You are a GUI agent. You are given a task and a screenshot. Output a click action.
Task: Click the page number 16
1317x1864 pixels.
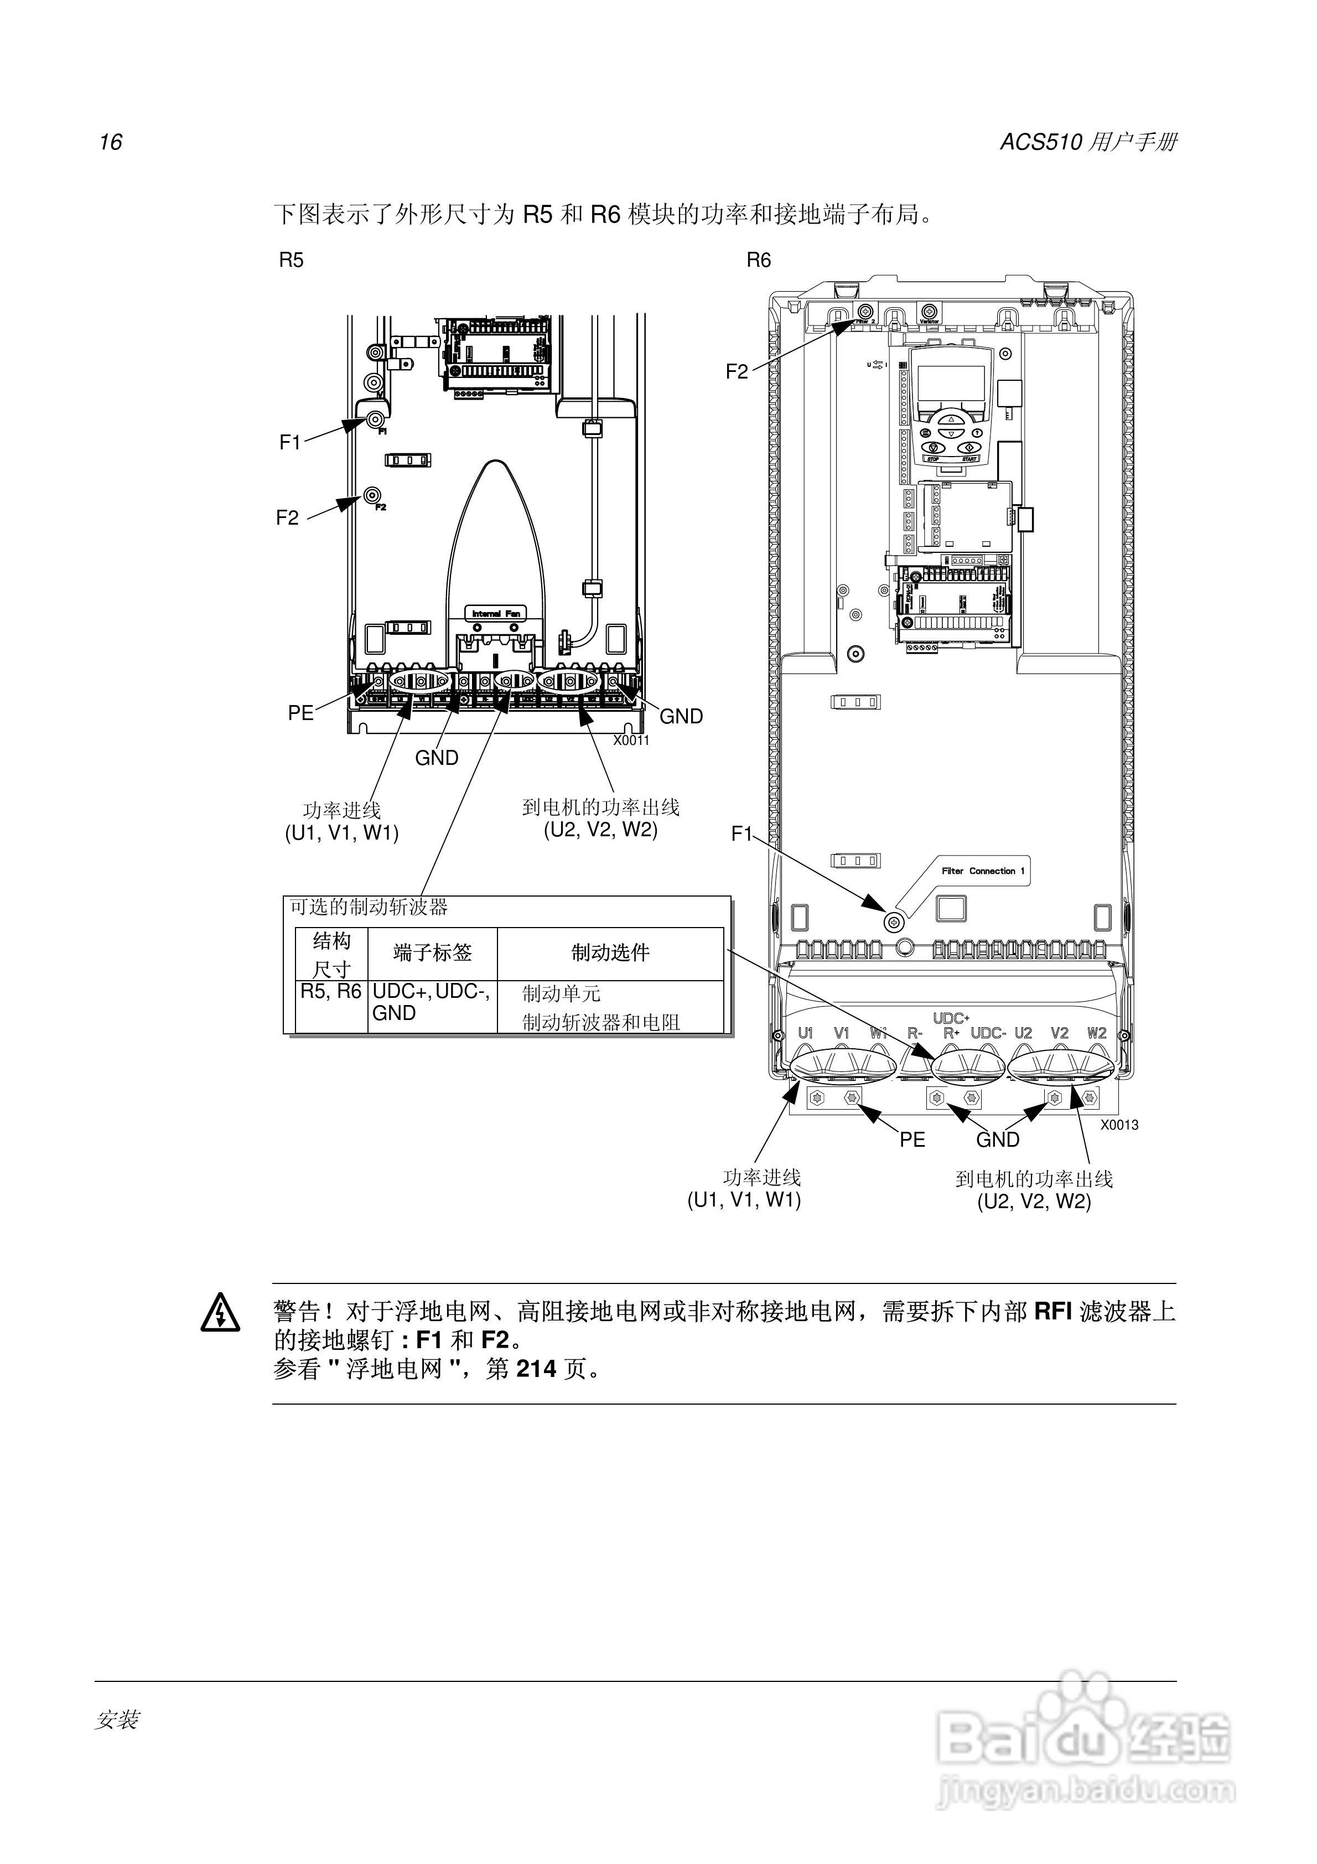[111, 142]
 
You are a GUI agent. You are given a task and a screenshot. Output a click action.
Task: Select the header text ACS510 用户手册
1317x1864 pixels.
[1088, 142]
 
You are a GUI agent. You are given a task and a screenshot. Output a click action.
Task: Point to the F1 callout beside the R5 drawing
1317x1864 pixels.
[290, 442]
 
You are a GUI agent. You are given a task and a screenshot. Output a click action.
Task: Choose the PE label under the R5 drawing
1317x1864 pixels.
[300, 713]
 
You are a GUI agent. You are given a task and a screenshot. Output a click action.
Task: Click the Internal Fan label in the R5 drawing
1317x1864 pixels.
[496, 614]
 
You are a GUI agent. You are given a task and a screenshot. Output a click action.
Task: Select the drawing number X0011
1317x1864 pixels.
[631, 741]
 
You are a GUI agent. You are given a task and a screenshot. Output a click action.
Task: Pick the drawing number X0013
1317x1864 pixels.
[1119, 1125]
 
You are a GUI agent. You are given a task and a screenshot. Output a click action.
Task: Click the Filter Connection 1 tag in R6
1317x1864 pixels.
[982, 871]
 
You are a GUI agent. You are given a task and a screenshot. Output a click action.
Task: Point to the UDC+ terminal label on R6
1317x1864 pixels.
[951, 1018]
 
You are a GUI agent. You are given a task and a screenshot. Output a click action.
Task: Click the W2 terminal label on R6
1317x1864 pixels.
[1096, 1033]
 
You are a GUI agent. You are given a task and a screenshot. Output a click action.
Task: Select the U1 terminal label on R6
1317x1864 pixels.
[806, 1033]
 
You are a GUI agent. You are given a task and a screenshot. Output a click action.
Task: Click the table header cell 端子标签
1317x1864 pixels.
[432, 952]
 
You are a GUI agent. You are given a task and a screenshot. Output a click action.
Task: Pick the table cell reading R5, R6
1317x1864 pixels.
[330, 991]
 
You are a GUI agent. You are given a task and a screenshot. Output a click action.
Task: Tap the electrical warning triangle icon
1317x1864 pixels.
[220, 1313]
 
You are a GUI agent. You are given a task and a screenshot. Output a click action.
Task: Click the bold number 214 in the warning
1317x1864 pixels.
[536, 1369]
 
